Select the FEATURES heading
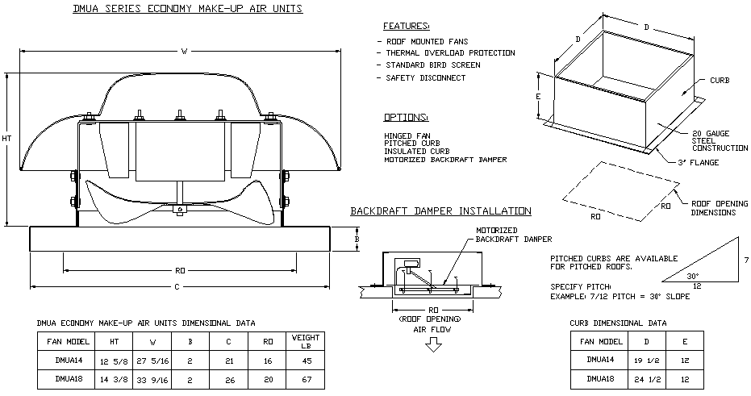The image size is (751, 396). [407, 26]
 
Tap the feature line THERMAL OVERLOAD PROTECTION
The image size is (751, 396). [450, 52]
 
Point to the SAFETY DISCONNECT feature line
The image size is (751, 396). [425, 77]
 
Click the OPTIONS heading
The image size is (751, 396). [407, 117]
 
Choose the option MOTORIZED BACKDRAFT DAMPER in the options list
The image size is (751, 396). [445, 160]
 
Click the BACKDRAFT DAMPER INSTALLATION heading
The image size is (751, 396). [440, 211]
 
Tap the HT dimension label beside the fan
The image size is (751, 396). [7, 139]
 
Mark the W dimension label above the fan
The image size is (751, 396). [184, 52]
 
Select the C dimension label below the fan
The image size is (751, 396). [179, 287]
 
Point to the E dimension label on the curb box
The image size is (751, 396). [537, 95]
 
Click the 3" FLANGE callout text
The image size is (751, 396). [699, 163]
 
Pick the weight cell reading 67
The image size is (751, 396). [306, 377]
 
